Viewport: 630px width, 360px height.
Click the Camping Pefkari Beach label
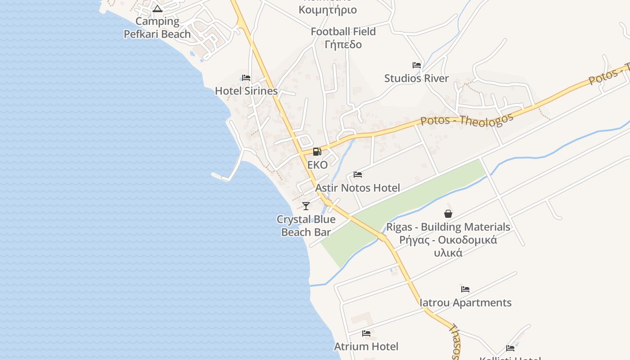point(157,27)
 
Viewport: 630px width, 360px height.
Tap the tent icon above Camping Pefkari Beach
point(157,9)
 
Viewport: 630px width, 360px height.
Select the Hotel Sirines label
point(246,91)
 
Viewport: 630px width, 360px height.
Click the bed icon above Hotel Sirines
point(246,78)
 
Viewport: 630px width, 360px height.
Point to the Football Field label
point(343,31)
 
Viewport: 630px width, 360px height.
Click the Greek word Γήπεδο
point(343,45)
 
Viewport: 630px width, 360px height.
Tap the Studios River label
point(416,78)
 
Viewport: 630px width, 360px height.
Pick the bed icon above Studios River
point(416,65)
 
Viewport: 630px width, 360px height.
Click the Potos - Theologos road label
point(467,120)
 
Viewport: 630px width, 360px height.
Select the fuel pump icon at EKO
point(317,152)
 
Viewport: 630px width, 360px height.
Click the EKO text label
point(317,165)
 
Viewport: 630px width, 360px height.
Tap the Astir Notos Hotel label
point(357,188)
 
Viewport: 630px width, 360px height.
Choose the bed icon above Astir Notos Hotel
point(358,175)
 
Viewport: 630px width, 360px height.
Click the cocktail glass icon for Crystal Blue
point(306,206)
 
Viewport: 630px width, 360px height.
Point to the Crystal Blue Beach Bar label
point(306,226)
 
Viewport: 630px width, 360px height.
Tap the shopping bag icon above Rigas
point(448,214)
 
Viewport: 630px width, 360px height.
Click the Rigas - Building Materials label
point(448,227)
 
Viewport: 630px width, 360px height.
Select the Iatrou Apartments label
point(465,302)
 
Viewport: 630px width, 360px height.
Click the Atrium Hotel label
point(366,346)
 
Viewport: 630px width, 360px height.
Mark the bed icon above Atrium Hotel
point(366,333)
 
